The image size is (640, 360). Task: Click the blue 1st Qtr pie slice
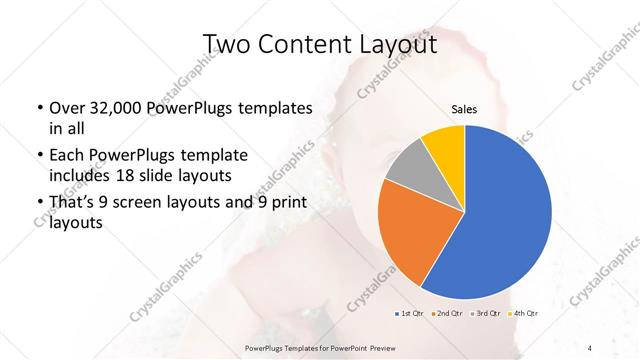[505, 220]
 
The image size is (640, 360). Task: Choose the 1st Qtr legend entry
[409, 315]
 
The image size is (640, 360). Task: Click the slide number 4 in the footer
[591, 347]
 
